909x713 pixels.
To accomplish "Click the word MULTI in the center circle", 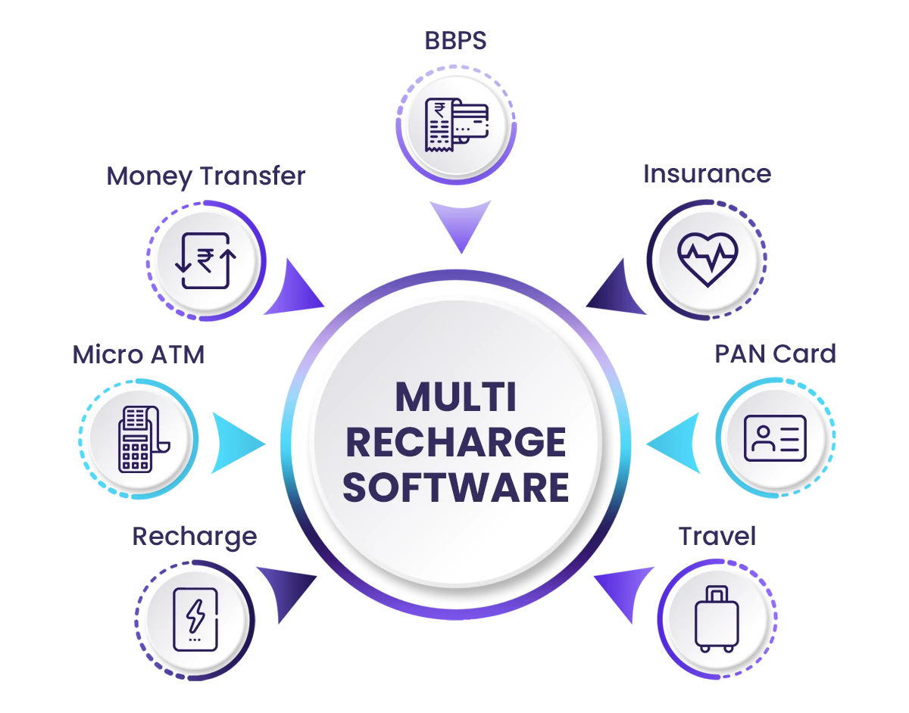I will [455, 398].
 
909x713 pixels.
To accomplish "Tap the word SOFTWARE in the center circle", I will [455, 487].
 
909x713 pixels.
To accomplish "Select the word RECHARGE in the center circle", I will [455, 443].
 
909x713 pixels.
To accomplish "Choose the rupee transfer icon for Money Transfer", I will [206, 260].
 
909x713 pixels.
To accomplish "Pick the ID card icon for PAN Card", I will [776, 439].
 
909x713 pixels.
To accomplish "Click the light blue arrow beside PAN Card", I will [676, 443].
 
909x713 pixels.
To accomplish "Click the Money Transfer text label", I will [205, 177].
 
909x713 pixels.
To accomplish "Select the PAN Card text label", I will [776, 353].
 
